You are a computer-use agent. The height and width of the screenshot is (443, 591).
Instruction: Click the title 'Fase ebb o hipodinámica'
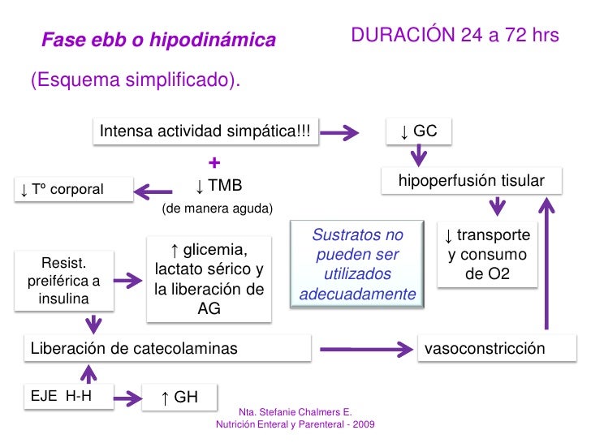[159, 40]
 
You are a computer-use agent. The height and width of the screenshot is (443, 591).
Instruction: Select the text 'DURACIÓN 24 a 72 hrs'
[455, 37]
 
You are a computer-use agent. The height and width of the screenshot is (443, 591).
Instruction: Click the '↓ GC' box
[418, 131]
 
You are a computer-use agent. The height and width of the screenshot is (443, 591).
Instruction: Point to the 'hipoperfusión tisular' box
[471, 181]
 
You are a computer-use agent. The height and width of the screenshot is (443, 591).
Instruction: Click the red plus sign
[214, 161]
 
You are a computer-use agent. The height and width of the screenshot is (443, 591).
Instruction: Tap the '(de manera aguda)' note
[218, 209]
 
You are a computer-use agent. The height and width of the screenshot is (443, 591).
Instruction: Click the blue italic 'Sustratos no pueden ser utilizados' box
[358, 265]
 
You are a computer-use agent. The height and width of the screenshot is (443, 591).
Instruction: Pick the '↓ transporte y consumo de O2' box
[487, 255]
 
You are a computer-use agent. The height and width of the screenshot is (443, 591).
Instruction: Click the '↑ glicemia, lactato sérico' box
[209, 277]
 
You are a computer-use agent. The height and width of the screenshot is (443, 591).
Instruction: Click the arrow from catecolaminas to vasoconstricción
[363, 350]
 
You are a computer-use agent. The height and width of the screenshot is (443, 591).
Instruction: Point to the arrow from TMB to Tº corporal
[152, 191]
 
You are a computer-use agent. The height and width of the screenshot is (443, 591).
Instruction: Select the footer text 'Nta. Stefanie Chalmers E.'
[295, 412]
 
